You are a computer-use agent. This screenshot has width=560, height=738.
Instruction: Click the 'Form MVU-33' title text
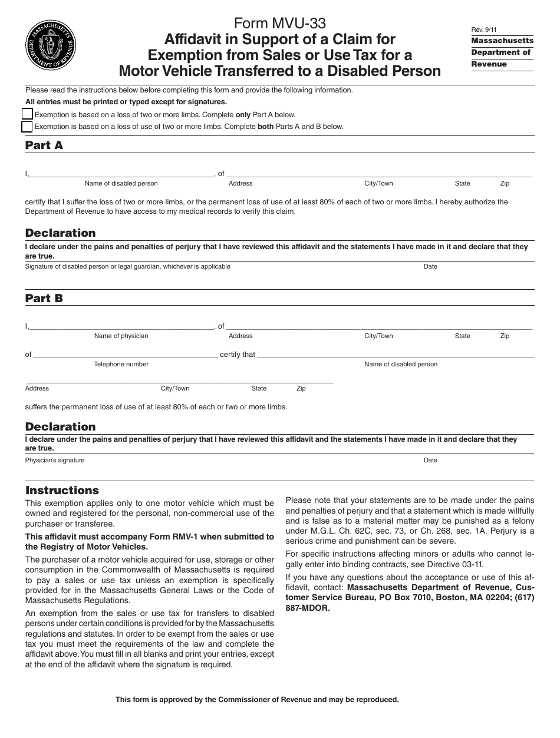tap(279, 23)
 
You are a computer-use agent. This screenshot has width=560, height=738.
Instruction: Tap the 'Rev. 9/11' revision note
tap(484, 29)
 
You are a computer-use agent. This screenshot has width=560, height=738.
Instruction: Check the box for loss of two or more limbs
tap(27, 114)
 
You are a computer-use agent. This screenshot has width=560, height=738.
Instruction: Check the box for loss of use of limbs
tap(27, 126)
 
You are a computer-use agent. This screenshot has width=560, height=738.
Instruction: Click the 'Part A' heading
tap(44, 145)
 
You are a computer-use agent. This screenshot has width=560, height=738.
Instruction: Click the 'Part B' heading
tap(44, 298)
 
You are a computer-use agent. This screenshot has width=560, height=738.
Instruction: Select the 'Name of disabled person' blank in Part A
tap(121, 174)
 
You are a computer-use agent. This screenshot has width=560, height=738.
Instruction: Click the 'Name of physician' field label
tap(121, 336)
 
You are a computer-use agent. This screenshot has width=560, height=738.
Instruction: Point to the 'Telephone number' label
tap(121, 364)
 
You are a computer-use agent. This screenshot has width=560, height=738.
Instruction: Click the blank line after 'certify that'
tap(395, 355)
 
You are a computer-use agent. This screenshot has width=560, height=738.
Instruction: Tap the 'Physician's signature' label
tap(55, 460)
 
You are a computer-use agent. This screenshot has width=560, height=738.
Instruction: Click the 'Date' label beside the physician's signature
tap(430, 460)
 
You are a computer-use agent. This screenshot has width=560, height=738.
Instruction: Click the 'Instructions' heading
tap(62, 490)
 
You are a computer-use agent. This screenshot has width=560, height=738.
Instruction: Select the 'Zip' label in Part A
tap(505, 183)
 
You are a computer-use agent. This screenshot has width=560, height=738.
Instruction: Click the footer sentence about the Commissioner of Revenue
tap(257, 700)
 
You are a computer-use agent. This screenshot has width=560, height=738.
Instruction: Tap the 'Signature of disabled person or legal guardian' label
tap(127, 266)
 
